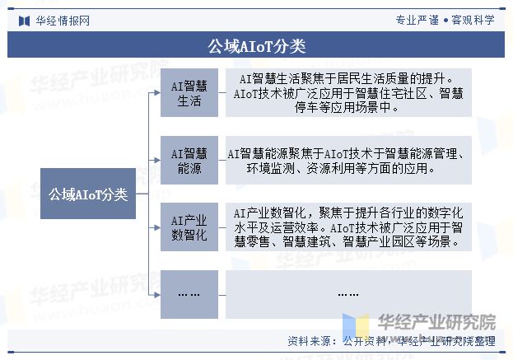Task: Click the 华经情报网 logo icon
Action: click(24, 21)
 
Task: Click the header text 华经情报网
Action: click(63, 21)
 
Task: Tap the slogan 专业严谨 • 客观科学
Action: click(445, 21)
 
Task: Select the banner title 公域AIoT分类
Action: click(257, 46)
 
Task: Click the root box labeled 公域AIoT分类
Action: click(88, 194)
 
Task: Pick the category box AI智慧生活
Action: click(189, 92)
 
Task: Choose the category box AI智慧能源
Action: click(189, 160)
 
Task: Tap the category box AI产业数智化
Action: click(189, 227)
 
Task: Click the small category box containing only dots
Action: click(189, 294)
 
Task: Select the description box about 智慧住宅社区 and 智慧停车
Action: click(348, 92)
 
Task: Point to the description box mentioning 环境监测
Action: click(348, 160)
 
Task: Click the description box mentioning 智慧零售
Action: click(348, 227)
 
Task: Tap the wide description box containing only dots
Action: click(348, 294)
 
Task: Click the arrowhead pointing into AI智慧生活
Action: click(157, 92)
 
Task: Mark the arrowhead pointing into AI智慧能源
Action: click(157, 160)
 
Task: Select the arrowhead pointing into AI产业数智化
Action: click(157, 227)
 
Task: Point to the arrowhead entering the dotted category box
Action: click(157, 295)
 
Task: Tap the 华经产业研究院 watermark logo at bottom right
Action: click(419, 324)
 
